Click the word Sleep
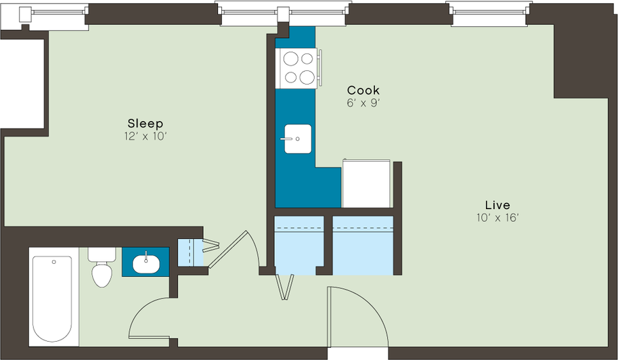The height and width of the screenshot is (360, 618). pyautogui.click(x=145, y=123)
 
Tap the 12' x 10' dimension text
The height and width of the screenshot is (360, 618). pyautogui.click(x=145, y=136)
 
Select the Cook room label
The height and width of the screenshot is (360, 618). pyautogui.click(x=363, y=90)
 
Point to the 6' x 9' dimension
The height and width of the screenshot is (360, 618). pyautogui.click(x=363, y=103)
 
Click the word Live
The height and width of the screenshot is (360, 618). pyautogui.click(x=498, y=205)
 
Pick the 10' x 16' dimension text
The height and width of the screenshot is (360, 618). pyautogui.click(x=498, y=218)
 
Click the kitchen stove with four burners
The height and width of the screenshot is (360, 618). pyautogui.click(x=299, y=68)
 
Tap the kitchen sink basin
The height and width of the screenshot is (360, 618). pyautogui.click(x=298, y=139)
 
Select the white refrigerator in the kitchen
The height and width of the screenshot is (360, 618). pyautogui.click(x=366, y=183)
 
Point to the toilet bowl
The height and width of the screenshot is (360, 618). pyautogui.click(x=102, y=275)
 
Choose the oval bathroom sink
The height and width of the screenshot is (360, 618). pyautogui.click(x=146, y=264)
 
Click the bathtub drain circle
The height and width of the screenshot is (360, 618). pyautogui.click(x=54, y=262)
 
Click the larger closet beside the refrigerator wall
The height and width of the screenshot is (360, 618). pyautogui.click(x=363, y=245)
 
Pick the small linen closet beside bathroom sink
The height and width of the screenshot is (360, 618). pyautogui.click(x=190, y=252)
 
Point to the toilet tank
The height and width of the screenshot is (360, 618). pyautogui.click(x=102, y=254)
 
